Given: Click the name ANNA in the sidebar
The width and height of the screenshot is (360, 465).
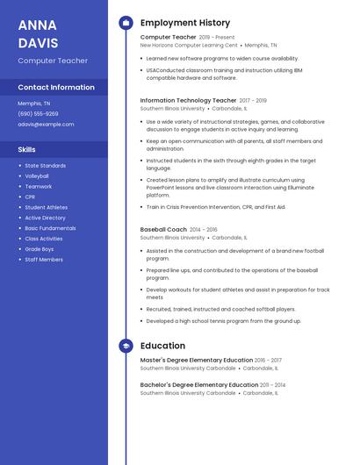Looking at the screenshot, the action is tap(37, 25).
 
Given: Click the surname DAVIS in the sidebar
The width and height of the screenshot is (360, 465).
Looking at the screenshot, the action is tap(38, 42).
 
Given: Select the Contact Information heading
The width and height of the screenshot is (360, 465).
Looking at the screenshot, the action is tap(56, 88).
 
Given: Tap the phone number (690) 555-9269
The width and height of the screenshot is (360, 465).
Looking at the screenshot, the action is tap(38, 113).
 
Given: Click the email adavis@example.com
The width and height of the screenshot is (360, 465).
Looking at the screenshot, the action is tap(46, 124).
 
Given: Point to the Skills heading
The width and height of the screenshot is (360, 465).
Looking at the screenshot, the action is tap(26, 150).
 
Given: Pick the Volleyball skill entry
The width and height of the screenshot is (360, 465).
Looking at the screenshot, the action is tap(37, 175).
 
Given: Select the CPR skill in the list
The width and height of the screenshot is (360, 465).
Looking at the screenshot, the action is tap(30, 197).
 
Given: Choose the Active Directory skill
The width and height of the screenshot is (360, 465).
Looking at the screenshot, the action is tap(45, 218).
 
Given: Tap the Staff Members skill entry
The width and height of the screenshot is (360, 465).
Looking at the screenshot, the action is tap(44, 260).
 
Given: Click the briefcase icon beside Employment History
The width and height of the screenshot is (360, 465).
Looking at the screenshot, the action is tap(126, 23).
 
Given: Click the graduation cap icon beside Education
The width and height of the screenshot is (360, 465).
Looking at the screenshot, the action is tap(126, 346).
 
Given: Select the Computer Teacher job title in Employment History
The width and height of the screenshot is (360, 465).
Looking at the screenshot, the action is tap(168, 38).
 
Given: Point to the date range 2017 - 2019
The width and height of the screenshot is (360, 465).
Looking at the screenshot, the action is tap(253, 101).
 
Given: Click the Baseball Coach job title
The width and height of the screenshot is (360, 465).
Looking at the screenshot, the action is tap(163, 229).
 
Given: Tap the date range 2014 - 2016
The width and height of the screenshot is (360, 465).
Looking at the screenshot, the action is tap(203, 229).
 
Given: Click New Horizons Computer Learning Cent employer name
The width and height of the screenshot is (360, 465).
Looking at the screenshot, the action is tap(189, 46).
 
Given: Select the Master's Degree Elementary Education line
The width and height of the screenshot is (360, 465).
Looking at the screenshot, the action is tap(196, 360).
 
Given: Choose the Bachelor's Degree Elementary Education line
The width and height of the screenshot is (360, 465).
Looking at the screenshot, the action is tap(198, 384).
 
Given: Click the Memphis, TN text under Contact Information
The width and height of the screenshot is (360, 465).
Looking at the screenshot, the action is tap(34, 104).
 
